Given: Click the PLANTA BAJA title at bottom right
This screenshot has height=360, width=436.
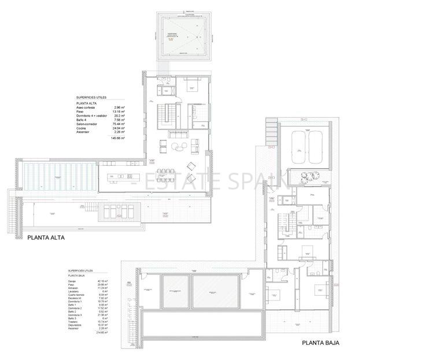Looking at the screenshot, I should (320, 343).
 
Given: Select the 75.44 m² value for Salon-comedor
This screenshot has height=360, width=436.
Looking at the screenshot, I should (120, 123).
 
